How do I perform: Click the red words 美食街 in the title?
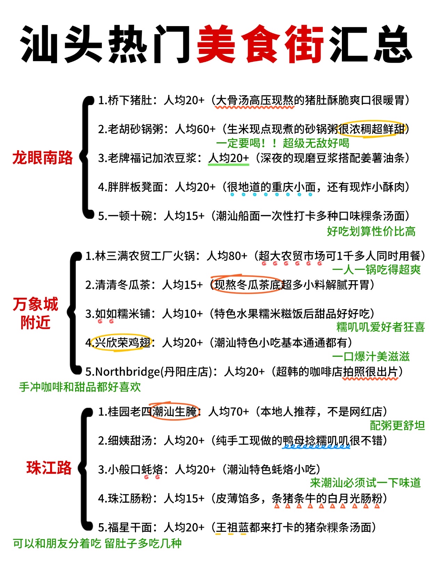(x=260, y=44)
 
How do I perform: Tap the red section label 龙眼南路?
(x=42, y=158)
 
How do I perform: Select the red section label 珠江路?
(x=49, y=467)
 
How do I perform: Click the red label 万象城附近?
(x=35, y=313)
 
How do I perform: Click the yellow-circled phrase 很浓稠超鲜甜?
(x=371, y=129)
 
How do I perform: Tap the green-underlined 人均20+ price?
(x=229, y=158)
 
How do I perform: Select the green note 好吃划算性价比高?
(x=371, y=231)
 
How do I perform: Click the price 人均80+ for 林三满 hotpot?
(x=227, y=256)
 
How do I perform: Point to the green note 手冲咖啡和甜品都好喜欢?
(x=80, y=387)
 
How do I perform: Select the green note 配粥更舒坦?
(x=397, y=425)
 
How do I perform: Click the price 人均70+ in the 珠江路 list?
(x=229, y=411)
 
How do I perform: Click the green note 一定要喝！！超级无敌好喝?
(x=283, y=143)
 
